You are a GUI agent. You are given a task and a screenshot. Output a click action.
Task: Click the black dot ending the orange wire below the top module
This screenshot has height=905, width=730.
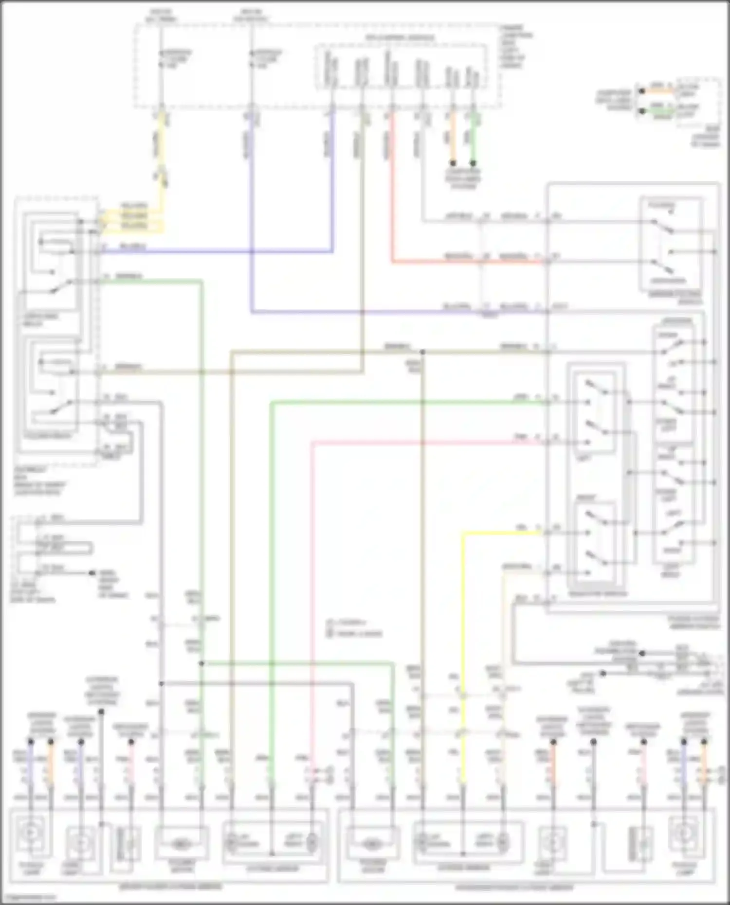(x=453, y=163)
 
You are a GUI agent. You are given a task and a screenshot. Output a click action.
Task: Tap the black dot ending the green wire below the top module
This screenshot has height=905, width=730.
(x=473, y=163)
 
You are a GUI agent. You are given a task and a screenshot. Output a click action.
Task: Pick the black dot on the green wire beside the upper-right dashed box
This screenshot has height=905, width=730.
(x=642, y=111)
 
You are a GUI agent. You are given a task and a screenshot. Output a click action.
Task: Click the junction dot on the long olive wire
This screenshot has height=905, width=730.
(x=422, y=352)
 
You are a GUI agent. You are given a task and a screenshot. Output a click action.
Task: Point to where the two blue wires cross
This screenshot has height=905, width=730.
(x=251, y=252)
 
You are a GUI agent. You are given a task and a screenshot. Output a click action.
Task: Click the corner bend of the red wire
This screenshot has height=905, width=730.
(x=392, y=263)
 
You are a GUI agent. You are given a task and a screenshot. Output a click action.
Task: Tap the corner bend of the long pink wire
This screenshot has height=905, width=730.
(x=312, y=443)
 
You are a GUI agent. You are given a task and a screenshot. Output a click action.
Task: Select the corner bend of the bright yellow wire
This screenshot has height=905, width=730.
(x=463, y=533)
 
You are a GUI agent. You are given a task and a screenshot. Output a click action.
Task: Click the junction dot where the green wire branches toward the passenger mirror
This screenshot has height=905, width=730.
(x=201, y=663)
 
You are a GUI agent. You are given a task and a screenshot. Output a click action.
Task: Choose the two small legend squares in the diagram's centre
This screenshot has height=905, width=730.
(x=329, y=628)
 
